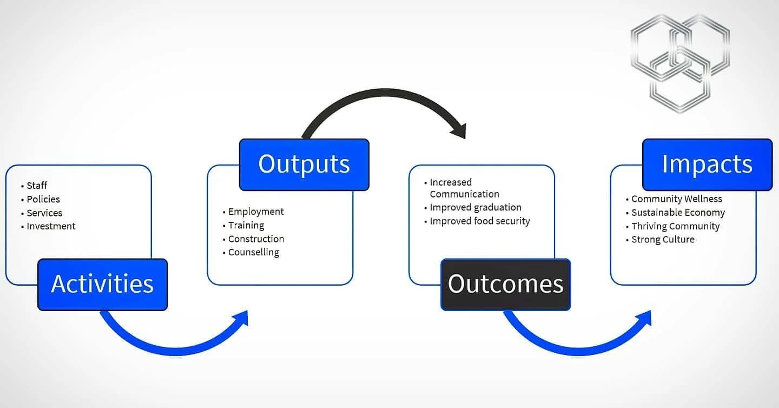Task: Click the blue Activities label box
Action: (x=102, y=285)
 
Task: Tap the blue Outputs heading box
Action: (x=304, y=164)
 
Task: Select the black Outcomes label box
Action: (x=505, y=285)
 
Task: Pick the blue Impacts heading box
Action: (x=707, y=164)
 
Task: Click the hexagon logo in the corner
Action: (x=679, y=62)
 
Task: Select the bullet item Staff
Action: (x=37, y=186)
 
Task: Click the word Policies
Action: (x=43, y=199)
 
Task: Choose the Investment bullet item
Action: (x=51, y=226)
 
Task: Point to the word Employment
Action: (x=256, y=212)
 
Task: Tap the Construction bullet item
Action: (x=256, y=239)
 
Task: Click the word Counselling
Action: (x=254, y=252)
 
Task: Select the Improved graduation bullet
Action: (x=476, y=207)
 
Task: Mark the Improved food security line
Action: (x=480, y=221)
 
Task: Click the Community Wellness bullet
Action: (x=677, y=199)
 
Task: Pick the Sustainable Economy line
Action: (x=678, y=213)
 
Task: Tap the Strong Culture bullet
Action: (x=663, y=239)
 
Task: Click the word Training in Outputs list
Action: (x=246, y=225)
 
